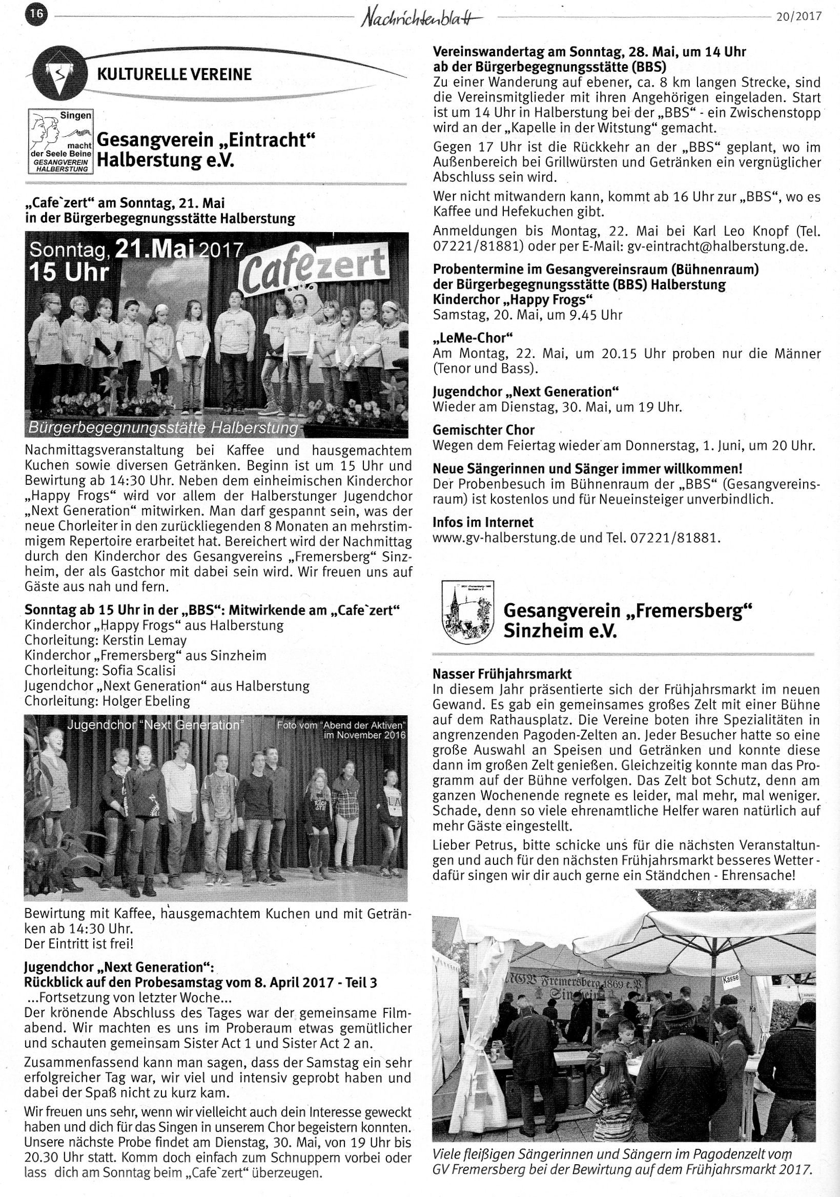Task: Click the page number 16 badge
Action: tap(36, 14)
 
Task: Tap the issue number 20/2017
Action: tap(798, 16)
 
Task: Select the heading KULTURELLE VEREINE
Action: tap(174, 74)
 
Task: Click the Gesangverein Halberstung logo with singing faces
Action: tap(60, 141)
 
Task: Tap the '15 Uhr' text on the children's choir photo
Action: tap(68, 273)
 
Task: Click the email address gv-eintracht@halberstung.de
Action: tap(718, 246)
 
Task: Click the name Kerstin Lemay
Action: tap(145, 640)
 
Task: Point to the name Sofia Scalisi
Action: tap(139, 670)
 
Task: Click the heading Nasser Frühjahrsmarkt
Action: tap(502, 674)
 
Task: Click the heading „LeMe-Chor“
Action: tap(473, 337)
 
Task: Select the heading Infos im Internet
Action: tap(483, 522)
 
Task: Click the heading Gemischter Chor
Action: tap(483, 430)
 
